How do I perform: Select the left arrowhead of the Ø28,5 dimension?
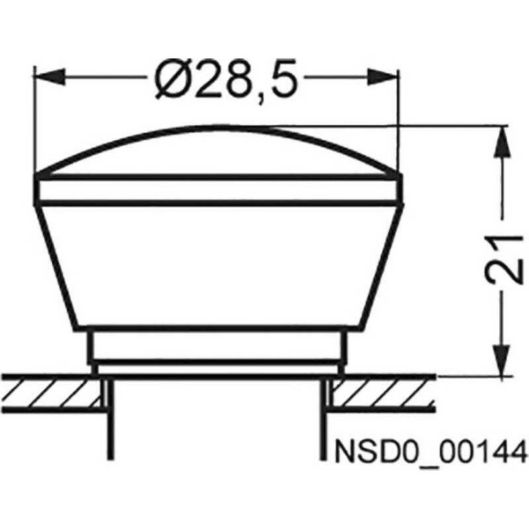pos(49,77)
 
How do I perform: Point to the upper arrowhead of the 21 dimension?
pos(503,142)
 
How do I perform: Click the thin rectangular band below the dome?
pos(218,190)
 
